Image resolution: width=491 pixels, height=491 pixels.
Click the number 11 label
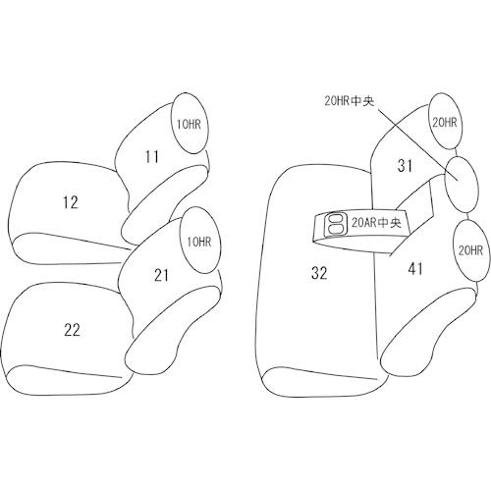(152, 157)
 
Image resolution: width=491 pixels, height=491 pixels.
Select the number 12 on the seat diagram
(71, 202)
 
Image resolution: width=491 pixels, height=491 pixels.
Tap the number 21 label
(161, 275)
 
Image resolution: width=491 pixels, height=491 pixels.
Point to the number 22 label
(72, 330)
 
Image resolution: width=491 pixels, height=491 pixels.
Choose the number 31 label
(405, 166)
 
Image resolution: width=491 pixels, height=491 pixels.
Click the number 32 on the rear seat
(319, 273)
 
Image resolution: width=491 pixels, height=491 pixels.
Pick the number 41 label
(415, 269)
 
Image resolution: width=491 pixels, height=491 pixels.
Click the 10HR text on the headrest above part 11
(189, 125)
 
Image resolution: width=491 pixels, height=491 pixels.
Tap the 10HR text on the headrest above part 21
(199, 243)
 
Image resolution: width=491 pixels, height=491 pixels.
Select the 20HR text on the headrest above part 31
(445, 123)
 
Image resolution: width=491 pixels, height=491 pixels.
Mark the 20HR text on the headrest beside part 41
(470, 250)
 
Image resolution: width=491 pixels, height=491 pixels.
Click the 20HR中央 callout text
(350, 101)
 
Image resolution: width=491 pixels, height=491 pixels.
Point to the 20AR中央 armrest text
(376, 223)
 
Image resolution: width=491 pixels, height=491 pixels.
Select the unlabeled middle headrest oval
(461, 185)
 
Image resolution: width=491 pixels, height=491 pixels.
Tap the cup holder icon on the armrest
(335, 224)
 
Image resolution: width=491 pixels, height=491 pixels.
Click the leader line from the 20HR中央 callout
(417, 144)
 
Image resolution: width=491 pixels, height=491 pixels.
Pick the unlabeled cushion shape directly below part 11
(165, 204)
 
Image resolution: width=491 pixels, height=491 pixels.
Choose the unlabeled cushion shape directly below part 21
(173, 330)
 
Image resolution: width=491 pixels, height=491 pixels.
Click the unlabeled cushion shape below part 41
(427, 332)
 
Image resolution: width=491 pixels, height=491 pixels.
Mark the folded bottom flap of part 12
(67, 248)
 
